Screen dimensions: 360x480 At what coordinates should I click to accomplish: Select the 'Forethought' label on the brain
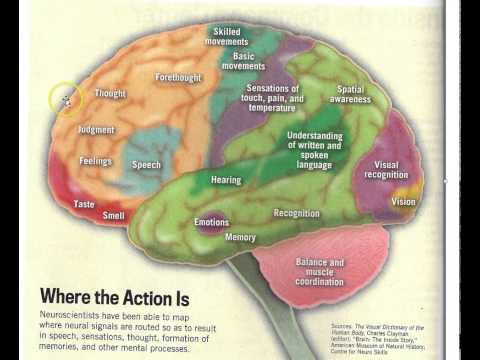click(x=179, y=77)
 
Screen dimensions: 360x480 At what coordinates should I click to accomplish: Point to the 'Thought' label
click(x=110, y=93)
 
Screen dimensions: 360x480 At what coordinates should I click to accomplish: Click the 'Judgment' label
click(x=96, y=130)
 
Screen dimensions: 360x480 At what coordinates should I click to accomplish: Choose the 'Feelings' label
click(x=95, y=161)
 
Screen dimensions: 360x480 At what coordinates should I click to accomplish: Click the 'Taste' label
click(x=84, y=204)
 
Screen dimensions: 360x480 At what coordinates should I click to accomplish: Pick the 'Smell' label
click(x=114, y=215)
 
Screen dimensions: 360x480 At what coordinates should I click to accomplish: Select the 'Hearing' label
click(x=226, y=181)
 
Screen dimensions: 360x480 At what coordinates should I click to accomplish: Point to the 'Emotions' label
click(x=211, y=222)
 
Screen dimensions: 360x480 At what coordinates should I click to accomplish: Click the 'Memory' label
click(x=240, y=238)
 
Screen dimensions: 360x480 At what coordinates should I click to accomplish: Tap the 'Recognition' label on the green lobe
click(x=296, y=213)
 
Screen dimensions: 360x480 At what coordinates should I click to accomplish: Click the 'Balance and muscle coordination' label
click(x=319, y=269)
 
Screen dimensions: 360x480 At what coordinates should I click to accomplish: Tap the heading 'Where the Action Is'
click(x=116, y=297)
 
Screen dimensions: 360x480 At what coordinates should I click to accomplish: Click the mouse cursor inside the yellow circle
click(x=67, y=100)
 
